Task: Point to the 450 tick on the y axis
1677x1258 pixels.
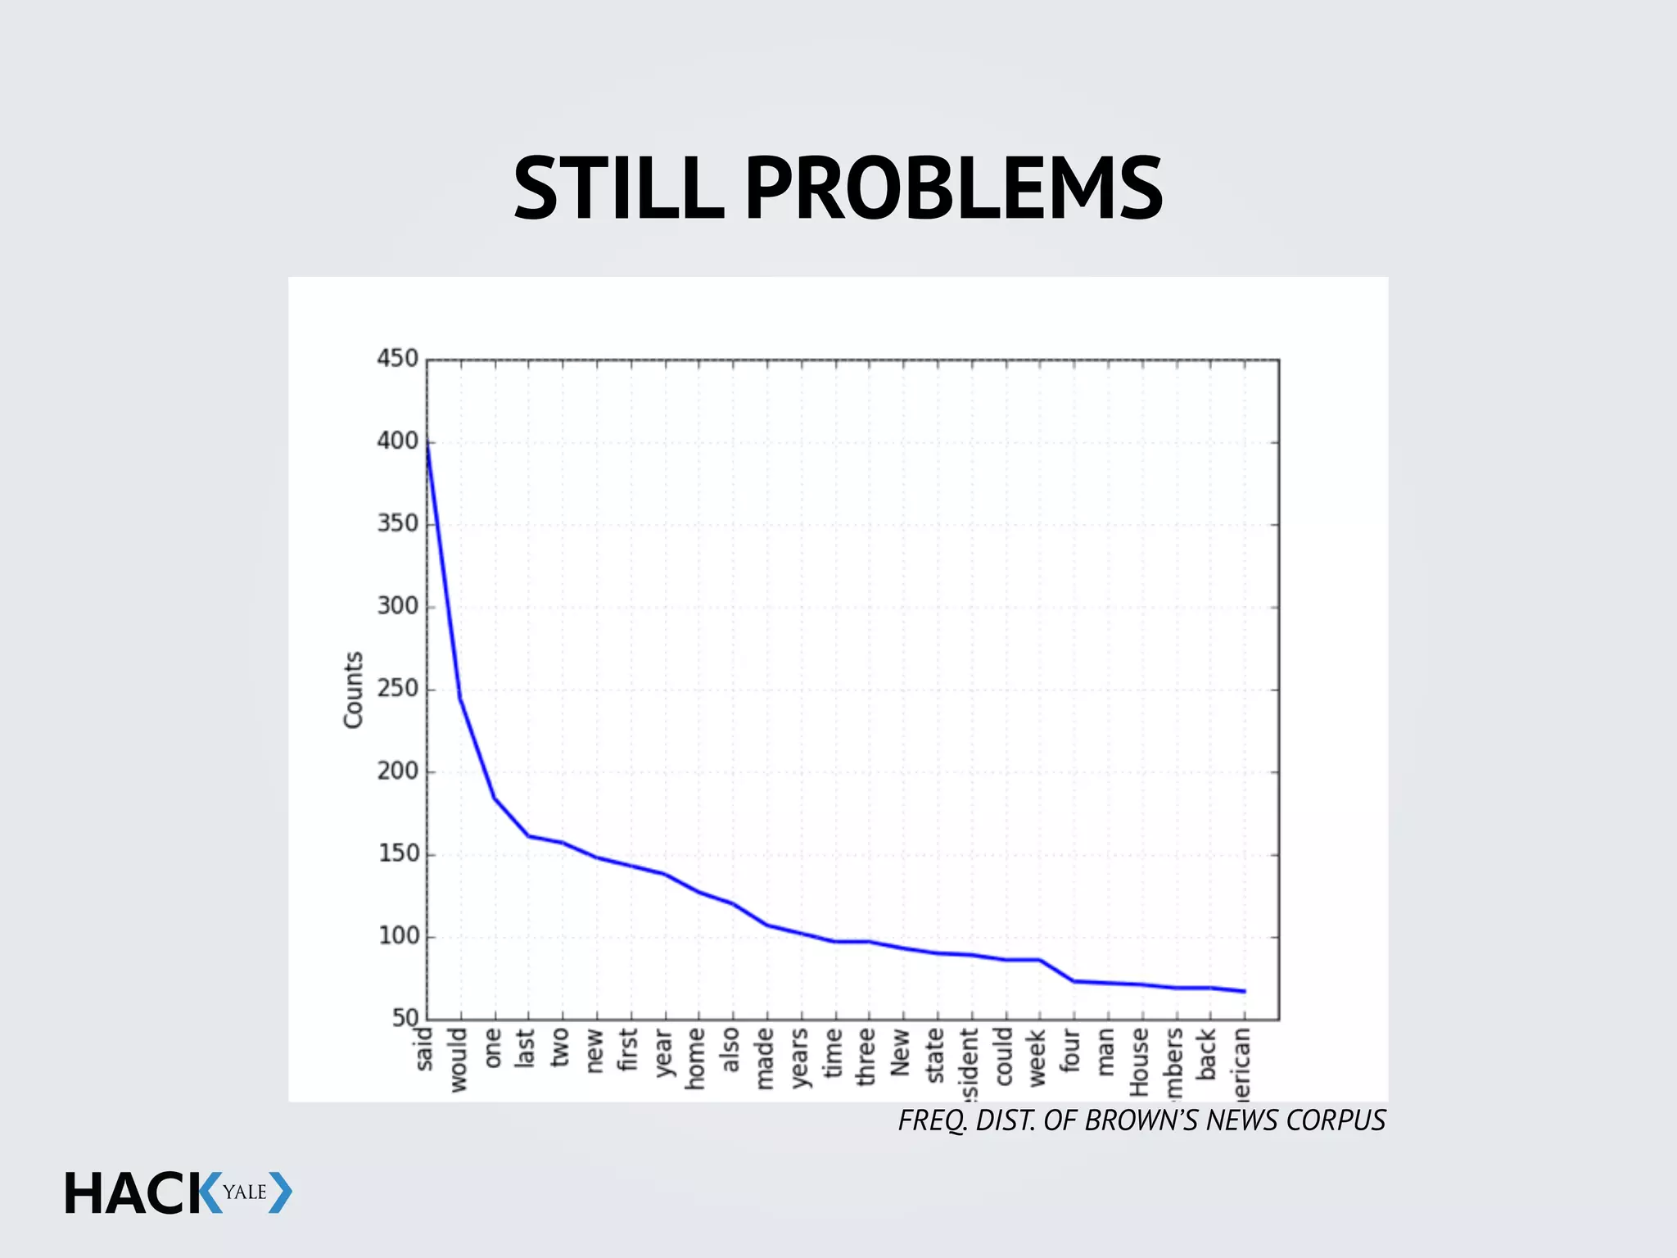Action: [x=397, y=359]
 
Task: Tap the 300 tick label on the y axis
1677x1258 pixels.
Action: [x=397, y=606]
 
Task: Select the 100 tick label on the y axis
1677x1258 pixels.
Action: [x=398, y=936]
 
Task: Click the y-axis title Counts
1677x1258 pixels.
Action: [x=353, y=690]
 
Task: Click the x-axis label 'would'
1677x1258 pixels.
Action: [x=458, y=1060]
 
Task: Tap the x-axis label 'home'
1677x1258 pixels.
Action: [x=696, y=1058]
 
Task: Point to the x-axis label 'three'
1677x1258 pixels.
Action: [x=867, y=1057]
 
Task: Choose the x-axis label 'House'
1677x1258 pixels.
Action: [x=1139, y=1062]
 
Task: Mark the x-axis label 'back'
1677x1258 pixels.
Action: [x=1207, y=1054]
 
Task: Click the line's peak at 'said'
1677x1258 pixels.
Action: [x=427, y=443]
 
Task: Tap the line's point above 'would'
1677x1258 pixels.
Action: [x=460, y=699]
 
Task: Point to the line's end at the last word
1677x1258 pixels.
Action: [x=1245, y=991]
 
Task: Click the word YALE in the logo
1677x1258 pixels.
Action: [x=245, y=1192]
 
